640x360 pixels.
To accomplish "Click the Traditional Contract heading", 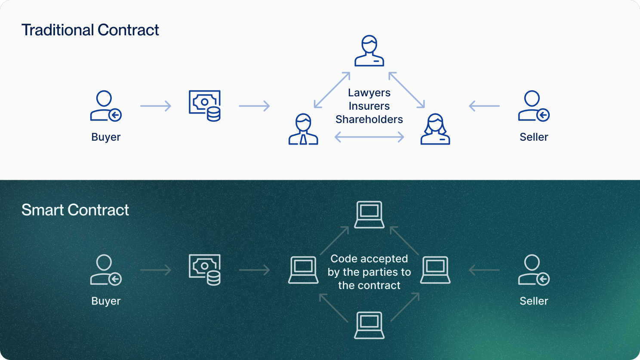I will (90, 30).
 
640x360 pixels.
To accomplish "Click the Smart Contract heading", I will (75, 210).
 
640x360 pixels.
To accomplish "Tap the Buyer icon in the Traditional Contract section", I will (105, 106).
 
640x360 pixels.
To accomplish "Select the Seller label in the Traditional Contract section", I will (534, 137).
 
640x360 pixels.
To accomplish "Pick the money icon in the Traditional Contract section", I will (205, 106).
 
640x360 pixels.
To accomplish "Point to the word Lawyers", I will (369, 93).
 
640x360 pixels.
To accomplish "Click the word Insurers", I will (369, 106).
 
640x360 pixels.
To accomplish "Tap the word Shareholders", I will (369, 120).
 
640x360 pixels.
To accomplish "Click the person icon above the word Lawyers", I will (369, 51).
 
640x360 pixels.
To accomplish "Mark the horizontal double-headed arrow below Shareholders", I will (369, 137).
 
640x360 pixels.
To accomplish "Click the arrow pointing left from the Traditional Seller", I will (484, 106).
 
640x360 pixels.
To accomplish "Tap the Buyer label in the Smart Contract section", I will (106, 301).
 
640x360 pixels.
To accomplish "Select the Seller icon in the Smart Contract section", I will (533, 270).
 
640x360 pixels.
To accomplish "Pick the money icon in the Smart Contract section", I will (205, 270).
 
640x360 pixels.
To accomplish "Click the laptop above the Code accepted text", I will (369, 214).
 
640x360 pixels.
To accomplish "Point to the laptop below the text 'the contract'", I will (369, 325).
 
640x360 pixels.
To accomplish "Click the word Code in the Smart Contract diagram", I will (344, 259).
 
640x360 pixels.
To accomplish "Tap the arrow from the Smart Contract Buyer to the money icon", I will (156, 270).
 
